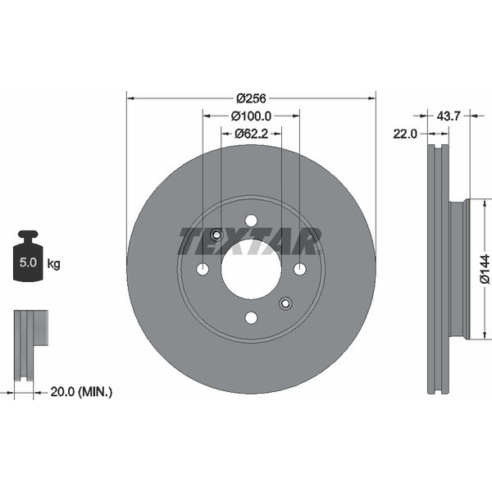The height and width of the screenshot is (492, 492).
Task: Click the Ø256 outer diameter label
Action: (251, 98)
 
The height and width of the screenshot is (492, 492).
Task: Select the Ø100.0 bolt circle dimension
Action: (251, 116)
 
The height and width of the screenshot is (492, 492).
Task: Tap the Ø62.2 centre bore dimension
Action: (252, 134)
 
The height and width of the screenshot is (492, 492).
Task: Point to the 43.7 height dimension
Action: (449, 116)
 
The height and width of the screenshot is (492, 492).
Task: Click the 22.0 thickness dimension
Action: (405, 134)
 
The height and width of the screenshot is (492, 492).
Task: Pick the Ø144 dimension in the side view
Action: (485, 269)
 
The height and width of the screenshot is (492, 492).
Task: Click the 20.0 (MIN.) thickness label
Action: (81, 392)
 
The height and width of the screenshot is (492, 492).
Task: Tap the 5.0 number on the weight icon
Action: (28, 262)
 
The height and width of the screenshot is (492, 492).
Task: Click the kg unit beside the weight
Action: (53, 264)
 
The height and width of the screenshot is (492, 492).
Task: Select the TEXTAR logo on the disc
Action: (250, 241)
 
